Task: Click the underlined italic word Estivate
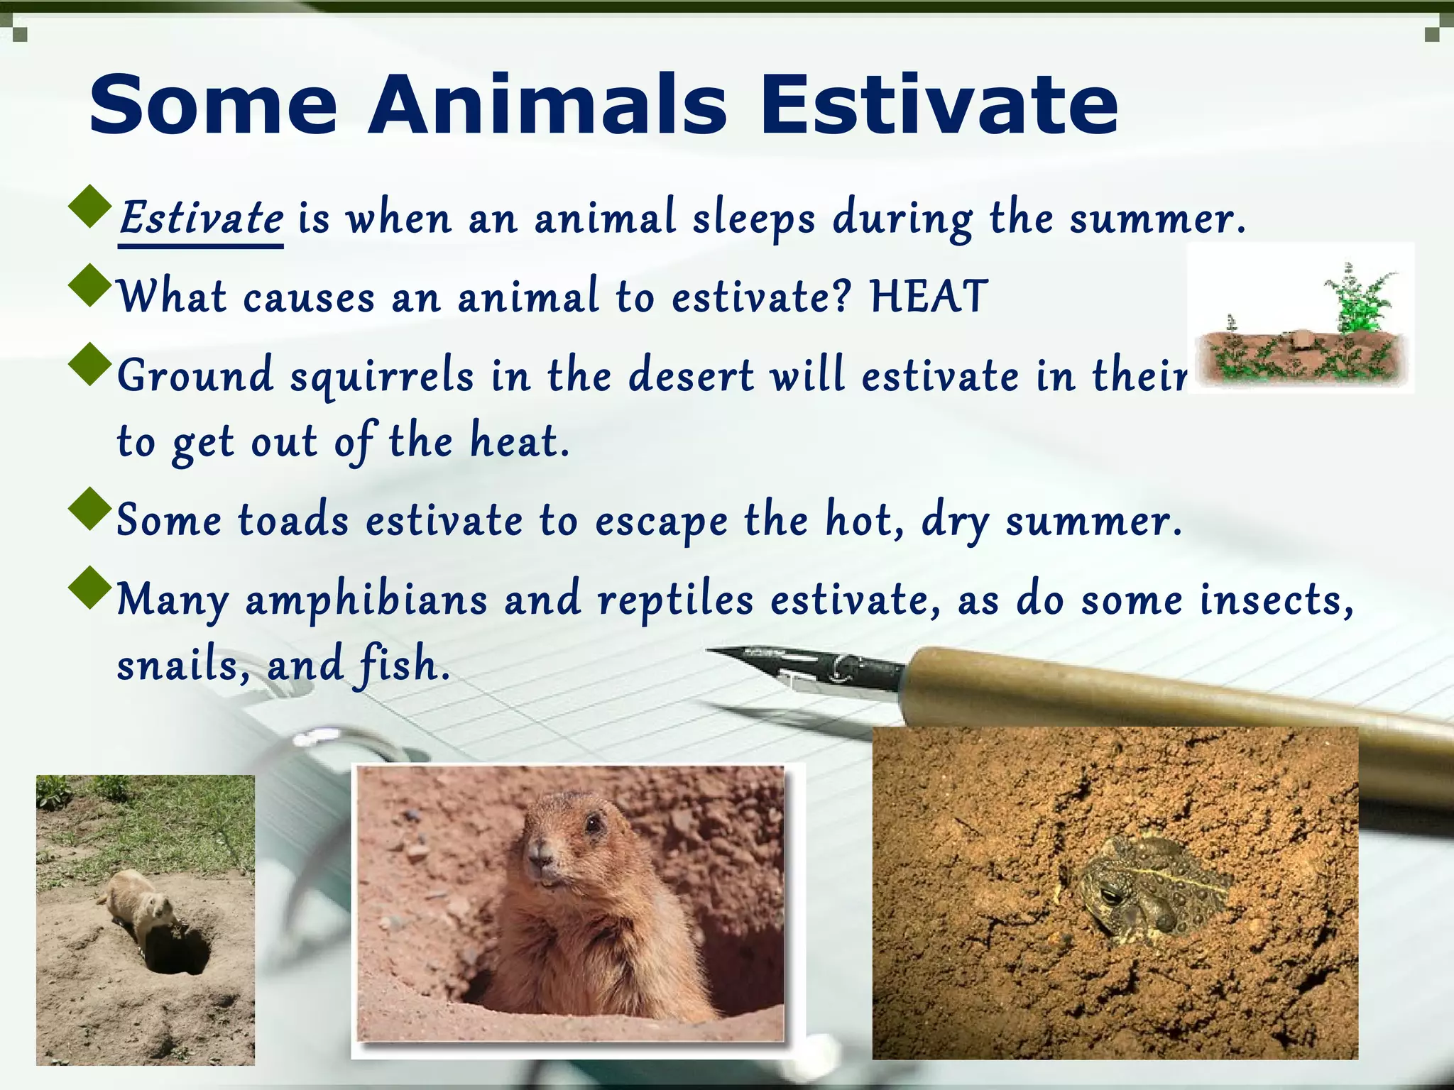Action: tap(201, 218)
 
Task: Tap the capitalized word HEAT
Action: tap(929, 297)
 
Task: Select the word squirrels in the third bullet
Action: tap(382, 377)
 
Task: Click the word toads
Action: tap(293, 520)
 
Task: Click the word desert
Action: tap(692, 376)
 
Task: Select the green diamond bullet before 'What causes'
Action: tap(91, 285)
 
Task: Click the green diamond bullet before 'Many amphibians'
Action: tap(91, 588)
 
